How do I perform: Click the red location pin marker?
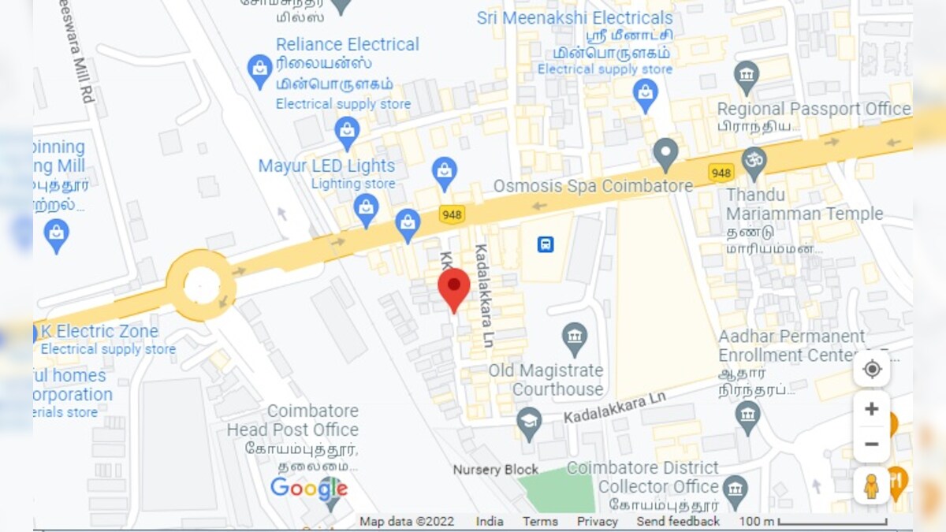454,288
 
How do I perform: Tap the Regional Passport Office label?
814,109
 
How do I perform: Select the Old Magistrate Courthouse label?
546,380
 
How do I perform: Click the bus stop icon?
546,244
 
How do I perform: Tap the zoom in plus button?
871,408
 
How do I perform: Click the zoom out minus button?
871,445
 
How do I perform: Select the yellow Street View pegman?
871,486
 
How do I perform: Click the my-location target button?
872,369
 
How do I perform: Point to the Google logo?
308,489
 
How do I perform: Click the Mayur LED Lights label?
326,166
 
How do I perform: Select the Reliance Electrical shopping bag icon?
259,71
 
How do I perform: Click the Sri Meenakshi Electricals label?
575,18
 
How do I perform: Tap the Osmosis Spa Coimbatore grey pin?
666,154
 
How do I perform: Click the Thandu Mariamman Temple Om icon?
754,158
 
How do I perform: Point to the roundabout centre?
201,285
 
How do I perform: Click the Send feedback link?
678,522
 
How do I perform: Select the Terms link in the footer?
540,522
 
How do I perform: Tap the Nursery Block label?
496,470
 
